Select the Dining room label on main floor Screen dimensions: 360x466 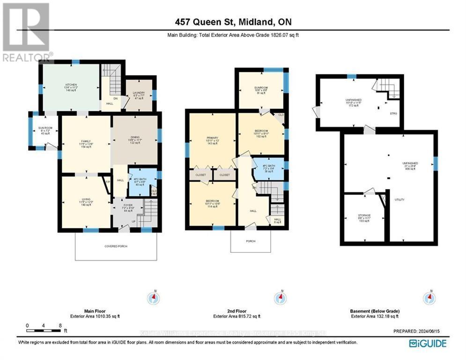click(135, 139)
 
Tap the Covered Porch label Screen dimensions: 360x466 click(116, 246)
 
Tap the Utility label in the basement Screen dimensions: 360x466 click(399, 200)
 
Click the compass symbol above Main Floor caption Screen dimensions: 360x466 click(154, 297)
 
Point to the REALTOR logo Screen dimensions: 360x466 click(27, 33)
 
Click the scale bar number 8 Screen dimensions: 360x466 click(60, 325)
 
